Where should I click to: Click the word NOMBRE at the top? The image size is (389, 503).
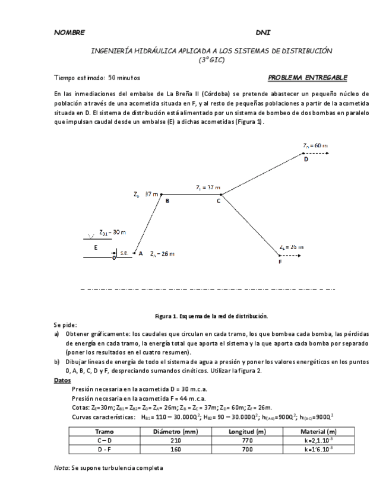(x=69, y=32)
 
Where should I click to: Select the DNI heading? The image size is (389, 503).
(x=263, y=32)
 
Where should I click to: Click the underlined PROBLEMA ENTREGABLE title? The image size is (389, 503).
(x=308, y=78)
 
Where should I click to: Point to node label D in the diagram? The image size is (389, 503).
(x=306, y=159)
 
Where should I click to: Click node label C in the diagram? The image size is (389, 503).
(x=219, y=201)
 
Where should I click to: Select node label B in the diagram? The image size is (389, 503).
(x=167, y=201)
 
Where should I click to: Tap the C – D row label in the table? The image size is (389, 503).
(x=105, y=441)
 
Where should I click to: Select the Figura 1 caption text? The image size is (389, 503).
(x=211, y=316)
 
